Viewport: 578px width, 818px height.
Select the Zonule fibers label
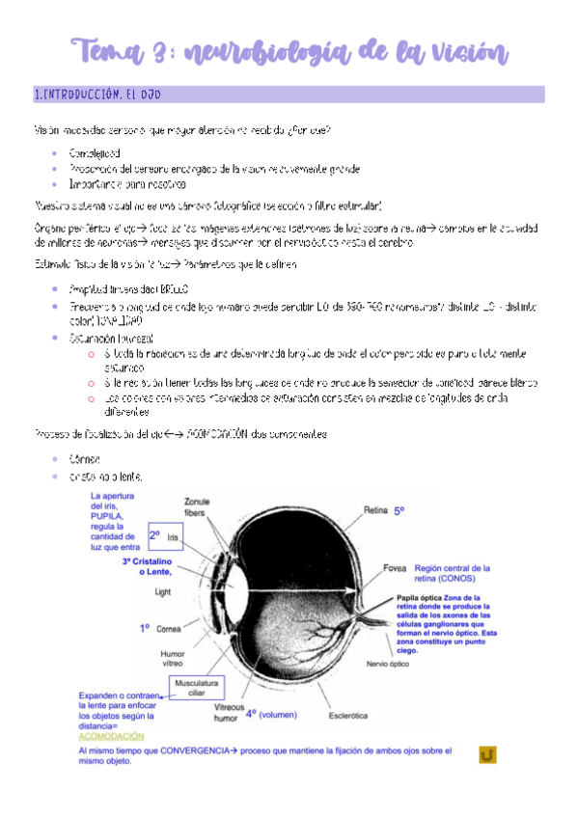coord(203,506)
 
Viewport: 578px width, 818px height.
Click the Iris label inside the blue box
coord(174,536)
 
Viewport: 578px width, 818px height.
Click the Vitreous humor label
coord(229,713)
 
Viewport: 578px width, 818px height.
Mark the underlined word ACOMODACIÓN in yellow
coord(110,735)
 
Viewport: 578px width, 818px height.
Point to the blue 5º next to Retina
coord(399,509)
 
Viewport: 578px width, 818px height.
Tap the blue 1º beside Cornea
coord(145,628)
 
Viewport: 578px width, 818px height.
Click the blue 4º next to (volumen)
coord(251,715)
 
